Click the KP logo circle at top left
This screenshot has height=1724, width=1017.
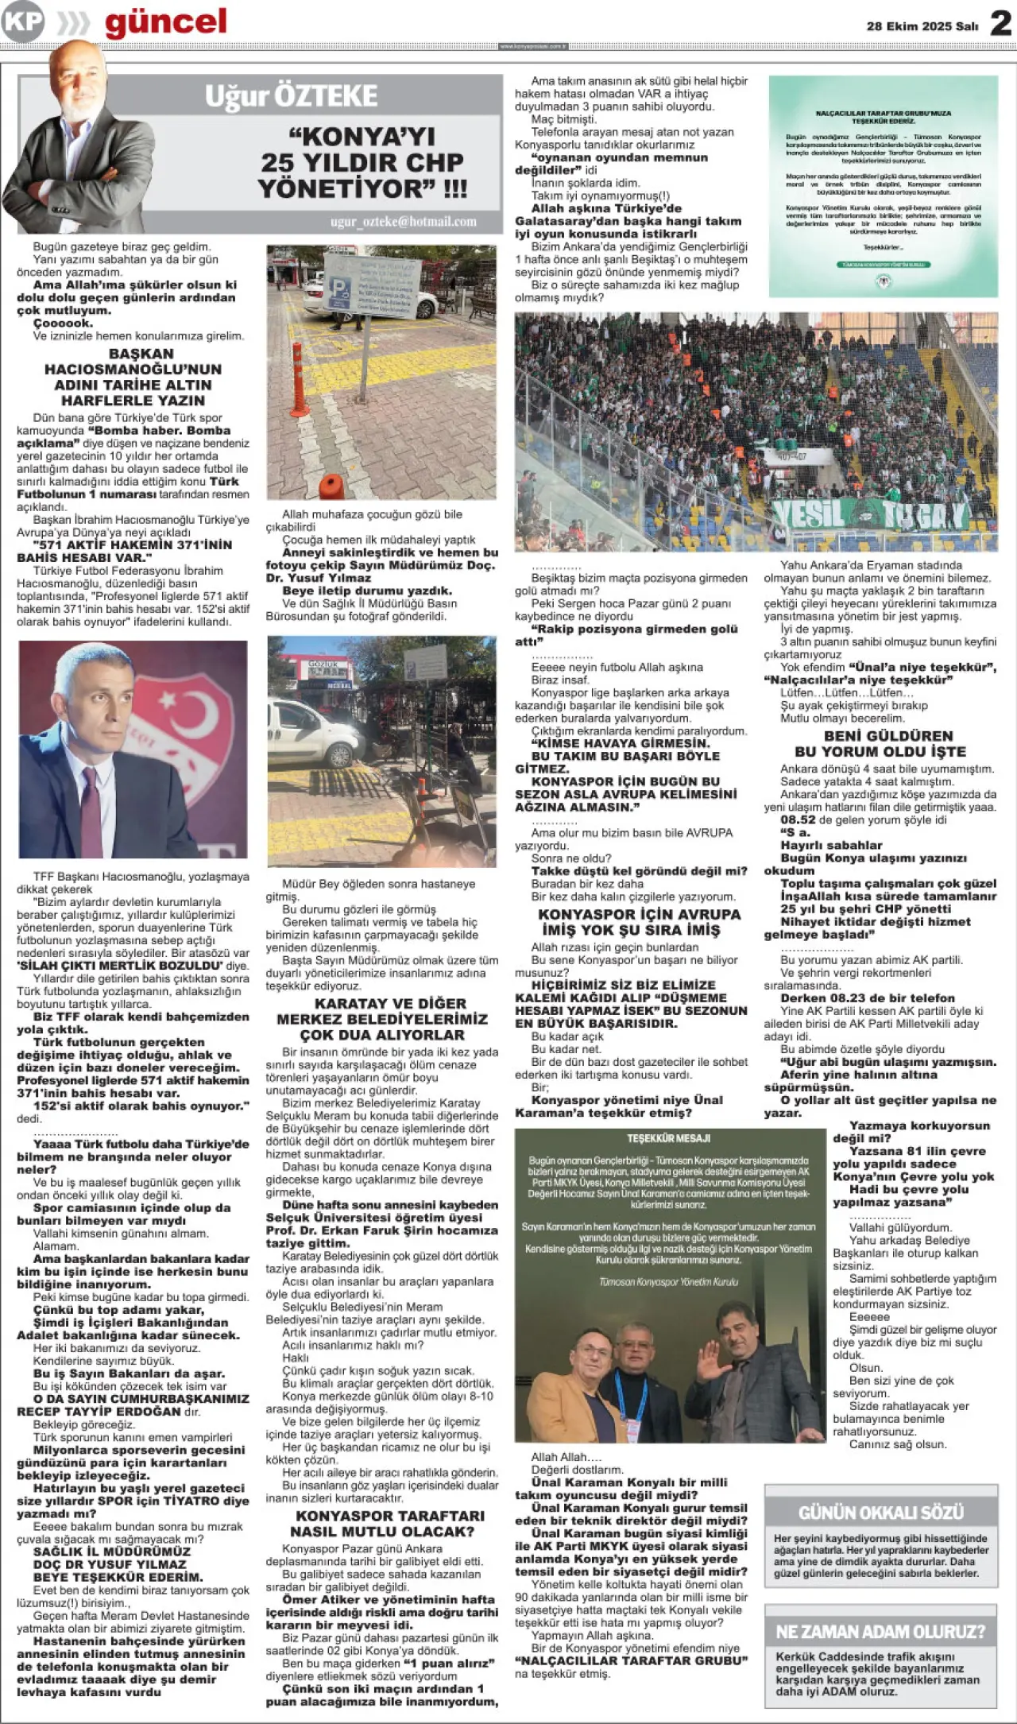click(22, 21)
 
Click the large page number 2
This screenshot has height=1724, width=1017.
click(1000, 23)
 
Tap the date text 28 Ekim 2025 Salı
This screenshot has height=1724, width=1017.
click(922, 26)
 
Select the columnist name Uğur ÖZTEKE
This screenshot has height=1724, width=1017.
click(291, 96)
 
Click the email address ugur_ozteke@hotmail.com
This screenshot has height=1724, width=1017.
click(404, 222)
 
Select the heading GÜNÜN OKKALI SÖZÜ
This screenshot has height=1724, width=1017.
click(880, 1512)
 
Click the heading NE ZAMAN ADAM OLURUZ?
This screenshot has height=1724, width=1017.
click(880, 1632)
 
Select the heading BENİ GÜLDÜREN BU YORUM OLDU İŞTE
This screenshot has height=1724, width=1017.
click(880, 743)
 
